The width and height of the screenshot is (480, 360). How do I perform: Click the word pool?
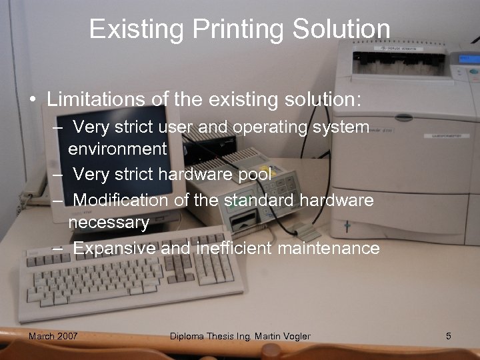254,175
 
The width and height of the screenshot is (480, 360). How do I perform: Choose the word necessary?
109,223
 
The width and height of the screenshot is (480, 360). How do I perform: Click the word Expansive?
115,249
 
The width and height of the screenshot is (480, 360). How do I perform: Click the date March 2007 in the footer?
53,336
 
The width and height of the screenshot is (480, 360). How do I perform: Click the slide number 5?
449,336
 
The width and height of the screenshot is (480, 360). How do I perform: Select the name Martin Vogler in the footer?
283,336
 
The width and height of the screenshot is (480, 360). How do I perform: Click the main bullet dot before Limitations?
32,101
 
